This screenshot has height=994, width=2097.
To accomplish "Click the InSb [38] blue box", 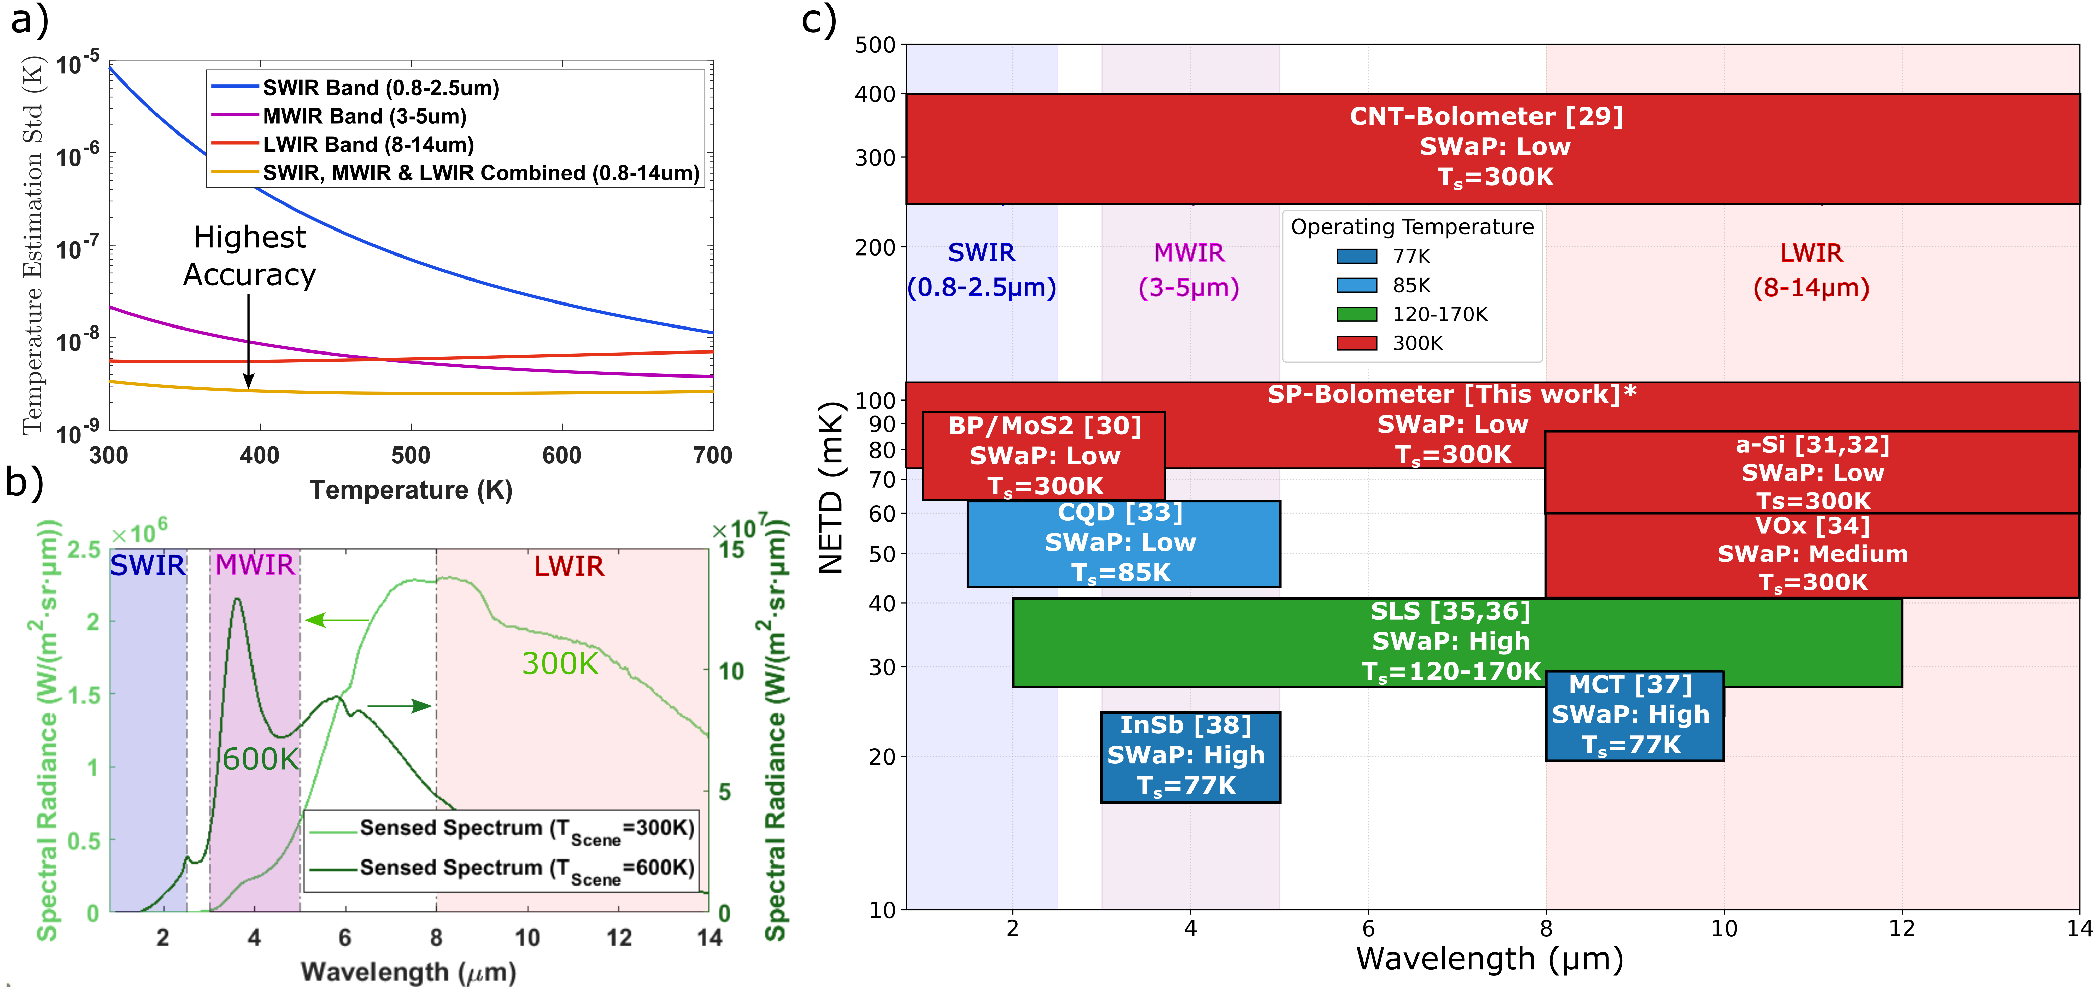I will [1189, 756].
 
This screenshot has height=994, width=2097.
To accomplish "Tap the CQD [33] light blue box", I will [1123, 543].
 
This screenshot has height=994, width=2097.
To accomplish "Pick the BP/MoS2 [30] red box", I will [1044, 456].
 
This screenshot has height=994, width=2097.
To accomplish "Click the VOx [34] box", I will [1812, 554].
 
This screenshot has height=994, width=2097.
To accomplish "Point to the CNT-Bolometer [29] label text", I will [1487, 116].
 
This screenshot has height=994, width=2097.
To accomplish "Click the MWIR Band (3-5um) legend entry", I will [364, 116].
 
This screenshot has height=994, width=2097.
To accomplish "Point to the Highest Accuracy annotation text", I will [249, 256].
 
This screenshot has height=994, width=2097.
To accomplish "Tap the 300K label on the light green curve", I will [560, 663].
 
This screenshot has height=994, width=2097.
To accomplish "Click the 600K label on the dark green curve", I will [261, 759].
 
